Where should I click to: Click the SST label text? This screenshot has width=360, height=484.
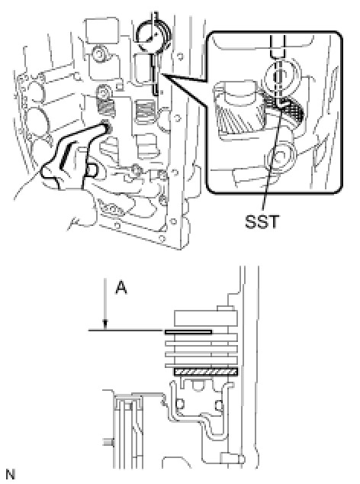[262, 221]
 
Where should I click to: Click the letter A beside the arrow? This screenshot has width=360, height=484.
[121, 288]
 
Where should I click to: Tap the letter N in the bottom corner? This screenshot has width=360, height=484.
[10, 474]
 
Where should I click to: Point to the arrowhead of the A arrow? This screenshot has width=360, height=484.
[105, 327]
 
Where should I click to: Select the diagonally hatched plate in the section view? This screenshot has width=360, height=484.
[206, 372]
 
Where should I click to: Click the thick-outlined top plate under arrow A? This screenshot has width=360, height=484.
[188, 332]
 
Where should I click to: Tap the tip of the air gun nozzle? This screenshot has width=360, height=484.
[107, 127]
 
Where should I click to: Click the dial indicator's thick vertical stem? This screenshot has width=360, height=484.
[154, 73]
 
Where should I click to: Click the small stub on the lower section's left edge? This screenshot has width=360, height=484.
[107, 443]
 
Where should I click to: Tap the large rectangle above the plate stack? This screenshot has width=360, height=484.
[206, 318]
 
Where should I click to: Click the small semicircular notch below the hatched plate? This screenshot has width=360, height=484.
[198, 385]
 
